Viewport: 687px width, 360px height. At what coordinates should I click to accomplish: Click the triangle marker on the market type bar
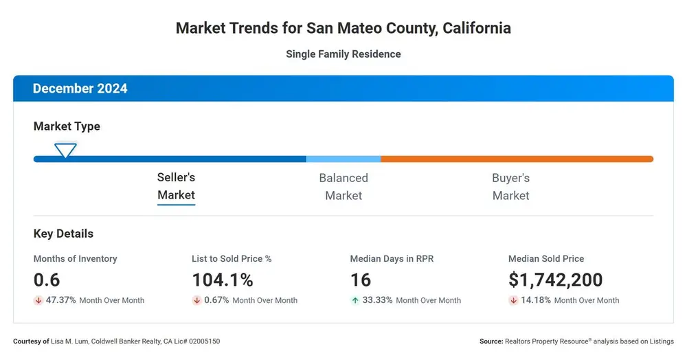pyautogui.click(x=65, y=150)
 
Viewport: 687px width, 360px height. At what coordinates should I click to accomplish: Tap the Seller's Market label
pyautogui.click(x=176, y=186)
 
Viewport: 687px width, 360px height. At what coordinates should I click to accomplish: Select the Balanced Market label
pyautogui.click(x=343, y=187)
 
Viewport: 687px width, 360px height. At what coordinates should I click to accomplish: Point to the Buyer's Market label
pyautogui.click(x=511, y=187)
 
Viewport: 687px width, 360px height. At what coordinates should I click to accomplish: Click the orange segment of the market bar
pyautogui.click(x=517, y=159)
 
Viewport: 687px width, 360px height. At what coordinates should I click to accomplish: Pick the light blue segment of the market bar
pyautogui.click(x=343, y=159)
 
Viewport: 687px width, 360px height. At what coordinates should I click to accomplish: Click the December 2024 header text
pyautogui.click(x=80, y=89)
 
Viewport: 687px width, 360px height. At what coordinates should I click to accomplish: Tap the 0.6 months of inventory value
pyautogui.click(x=47, y=280)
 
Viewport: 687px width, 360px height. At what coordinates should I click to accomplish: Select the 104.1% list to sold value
pyautogui.click(x=223, y=280)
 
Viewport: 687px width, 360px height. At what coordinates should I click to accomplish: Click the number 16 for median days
pyautogui.click(x=361, y=280)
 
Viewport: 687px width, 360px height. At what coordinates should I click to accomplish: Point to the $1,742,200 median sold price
pyautogui.click(x=556, y=280)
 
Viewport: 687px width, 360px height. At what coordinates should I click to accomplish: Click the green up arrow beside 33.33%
pyautogui.click(x=355, y=300)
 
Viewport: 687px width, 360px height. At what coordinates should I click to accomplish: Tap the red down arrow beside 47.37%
pyautogui.click(x=38, y=300)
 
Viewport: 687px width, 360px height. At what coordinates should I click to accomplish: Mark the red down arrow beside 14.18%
pyautogui.click(x=513, y=300)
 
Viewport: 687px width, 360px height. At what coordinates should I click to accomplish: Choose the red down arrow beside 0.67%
pyautogui.click(x=196, y=300)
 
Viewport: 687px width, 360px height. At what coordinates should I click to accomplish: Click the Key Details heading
pyautogui.click(x=63, y=234)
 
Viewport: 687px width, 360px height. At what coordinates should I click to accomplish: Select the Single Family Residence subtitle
pyautogui.click(x=343, y=54)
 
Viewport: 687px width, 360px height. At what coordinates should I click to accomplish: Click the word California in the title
pyautogui.click(x=477, y=28)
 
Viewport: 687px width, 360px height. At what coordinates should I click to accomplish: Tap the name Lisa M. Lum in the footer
pyautogui.click(x=69, y=341)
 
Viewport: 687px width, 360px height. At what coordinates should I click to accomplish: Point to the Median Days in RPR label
pyautogui.click(x=392, y=259)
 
